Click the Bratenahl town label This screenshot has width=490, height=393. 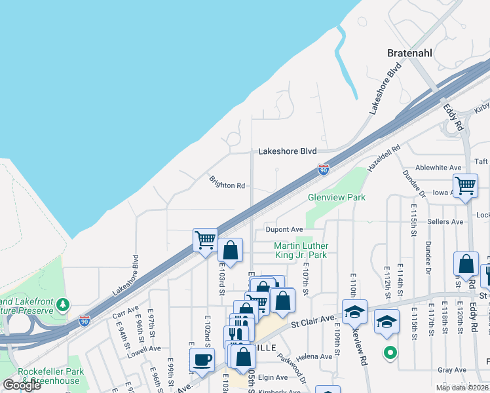click(412, 52)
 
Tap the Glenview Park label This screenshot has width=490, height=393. click(337, 197)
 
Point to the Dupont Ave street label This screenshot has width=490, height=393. click(284, 230)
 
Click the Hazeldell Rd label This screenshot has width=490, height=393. click(383, 159)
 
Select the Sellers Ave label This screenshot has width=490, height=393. click(445, 222)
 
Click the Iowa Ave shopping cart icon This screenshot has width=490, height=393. click(465, 185)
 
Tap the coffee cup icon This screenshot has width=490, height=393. click(202, 360)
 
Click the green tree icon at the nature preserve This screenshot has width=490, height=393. click(63, 305)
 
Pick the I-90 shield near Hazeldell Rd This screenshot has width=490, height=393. click(324, 170)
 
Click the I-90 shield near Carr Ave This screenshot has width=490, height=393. click(84, 320)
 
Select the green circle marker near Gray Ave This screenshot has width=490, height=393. click(390, 354)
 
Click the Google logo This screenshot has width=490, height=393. click(22, 384)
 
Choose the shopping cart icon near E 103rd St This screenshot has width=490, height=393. click(205, 240)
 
